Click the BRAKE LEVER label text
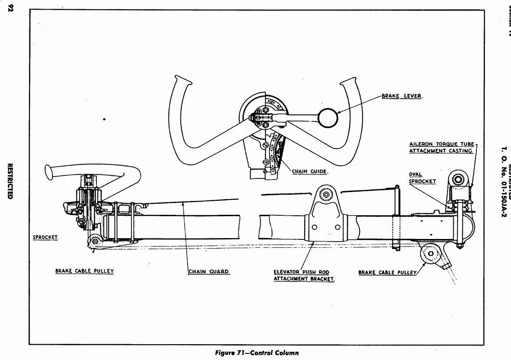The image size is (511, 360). pos(401,96)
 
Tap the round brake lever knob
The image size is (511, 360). pos(328,117)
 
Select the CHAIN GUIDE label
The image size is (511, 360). pos(309,171)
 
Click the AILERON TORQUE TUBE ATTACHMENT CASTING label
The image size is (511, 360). pos(441,147)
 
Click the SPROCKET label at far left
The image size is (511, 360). pos(46,237)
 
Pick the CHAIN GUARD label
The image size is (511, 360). pos(209,271)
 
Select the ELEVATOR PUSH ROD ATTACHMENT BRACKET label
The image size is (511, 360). pos(304,275)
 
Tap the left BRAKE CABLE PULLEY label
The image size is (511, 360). pos(85,271)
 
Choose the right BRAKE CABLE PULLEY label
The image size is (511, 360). pos(387,272)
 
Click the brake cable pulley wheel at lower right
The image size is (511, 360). pos(430,253)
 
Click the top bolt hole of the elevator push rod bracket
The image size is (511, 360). pos(326,195)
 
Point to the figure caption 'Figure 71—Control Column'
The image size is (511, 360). pos(257,353)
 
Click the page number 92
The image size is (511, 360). pos(11,9)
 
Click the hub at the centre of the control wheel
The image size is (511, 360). pos(265,118)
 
